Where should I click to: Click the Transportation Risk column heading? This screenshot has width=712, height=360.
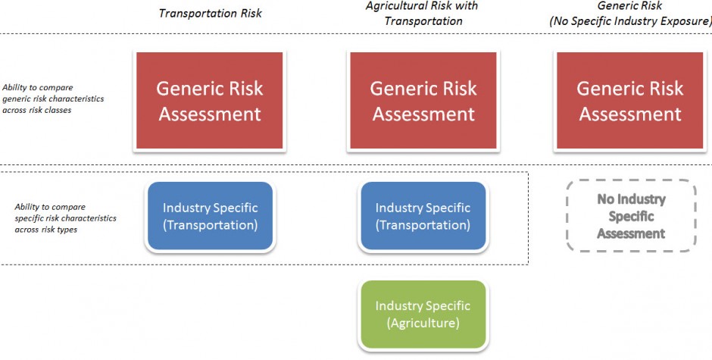tap(211, 13)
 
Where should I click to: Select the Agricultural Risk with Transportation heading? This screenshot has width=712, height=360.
tap(423, 13)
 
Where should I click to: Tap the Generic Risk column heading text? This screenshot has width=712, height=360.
tap(629, 6)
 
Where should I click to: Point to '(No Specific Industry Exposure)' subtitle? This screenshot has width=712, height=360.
tap(630, 21)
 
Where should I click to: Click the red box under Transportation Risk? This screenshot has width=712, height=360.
tap(210, 101)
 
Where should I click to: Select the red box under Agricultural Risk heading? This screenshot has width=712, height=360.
tap(423, 101)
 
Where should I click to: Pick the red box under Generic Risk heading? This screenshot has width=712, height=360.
tap(629, 101)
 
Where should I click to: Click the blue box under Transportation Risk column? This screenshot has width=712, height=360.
tap(211, 216)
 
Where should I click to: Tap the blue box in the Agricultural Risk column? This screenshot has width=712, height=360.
tap(423, 216)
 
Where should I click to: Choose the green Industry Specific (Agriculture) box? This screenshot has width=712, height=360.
tap(423, 315)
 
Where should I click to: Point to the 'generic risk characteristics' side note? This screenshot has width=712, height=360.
tap(53, 99)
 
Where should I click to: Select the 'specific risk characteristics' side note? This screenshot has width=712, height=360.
tap(65, 218)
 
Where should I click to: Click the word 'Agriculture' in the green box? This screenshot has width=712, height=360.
tap(423, 323)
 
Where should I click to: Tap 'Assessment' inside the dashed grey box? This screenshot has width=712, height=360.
tap(631, 233)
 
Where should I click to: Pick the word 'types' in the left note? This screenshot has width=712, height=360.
tap(67, 230)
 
